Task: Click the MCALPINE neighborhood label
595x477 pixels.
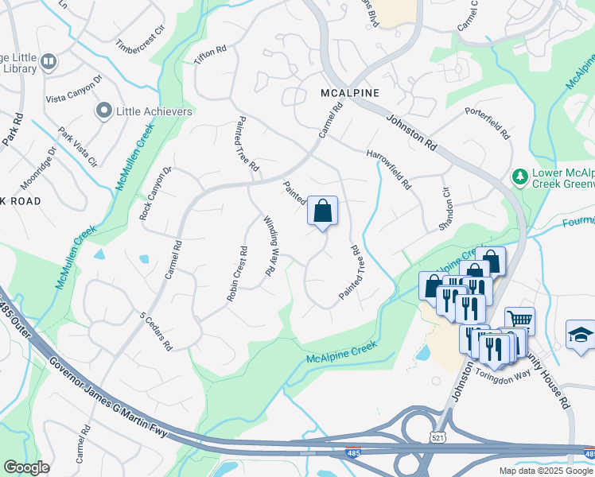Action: pos(349,93)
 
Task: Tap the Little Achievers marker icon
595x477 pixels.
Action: pos(103,111)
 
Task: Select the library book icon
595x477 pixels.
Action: pos(49,61)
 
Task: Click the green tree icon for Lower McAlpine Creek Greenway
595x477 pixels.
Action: pos(519,176)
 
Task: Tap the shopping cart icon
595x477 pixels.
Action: pos(519,320)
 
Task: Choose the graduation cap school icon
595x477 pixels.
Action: pos(580,335)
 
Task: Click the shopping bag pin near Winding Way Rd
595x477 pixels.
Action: pos(322,212)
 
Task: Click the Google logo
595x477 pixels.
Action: pos(26,467)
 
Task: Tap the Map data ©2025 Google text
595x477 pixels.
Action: pos(546,471)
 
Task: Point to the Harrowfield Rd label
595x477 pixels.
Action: pos(389,169)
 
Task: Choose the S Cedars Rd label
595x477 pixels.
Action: pos(156,331)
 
